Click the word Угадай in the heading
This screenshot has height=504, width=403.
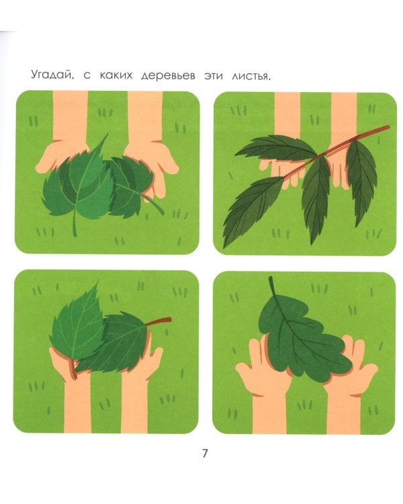coord(52,75)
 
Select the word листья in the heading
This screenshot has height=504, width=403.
coord(251,76)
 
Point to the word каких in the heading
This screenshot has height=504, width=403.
coord(116,75)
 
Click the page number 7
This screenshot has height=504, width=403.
coord(205,453)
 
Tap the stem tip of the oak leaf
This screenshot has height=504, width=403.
coord(271,278)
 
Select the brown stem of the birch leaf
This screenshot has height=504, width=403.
coord(159,321)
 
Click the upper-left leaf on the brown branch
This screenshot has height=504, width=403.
coord(276,148)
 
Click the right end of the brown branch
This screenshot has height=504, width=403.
coord(388,127)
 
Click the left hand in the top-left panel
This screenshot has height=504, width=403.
coord(64,135)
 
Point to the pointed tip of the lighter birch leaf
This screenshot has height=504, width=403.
coord(97,284)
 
